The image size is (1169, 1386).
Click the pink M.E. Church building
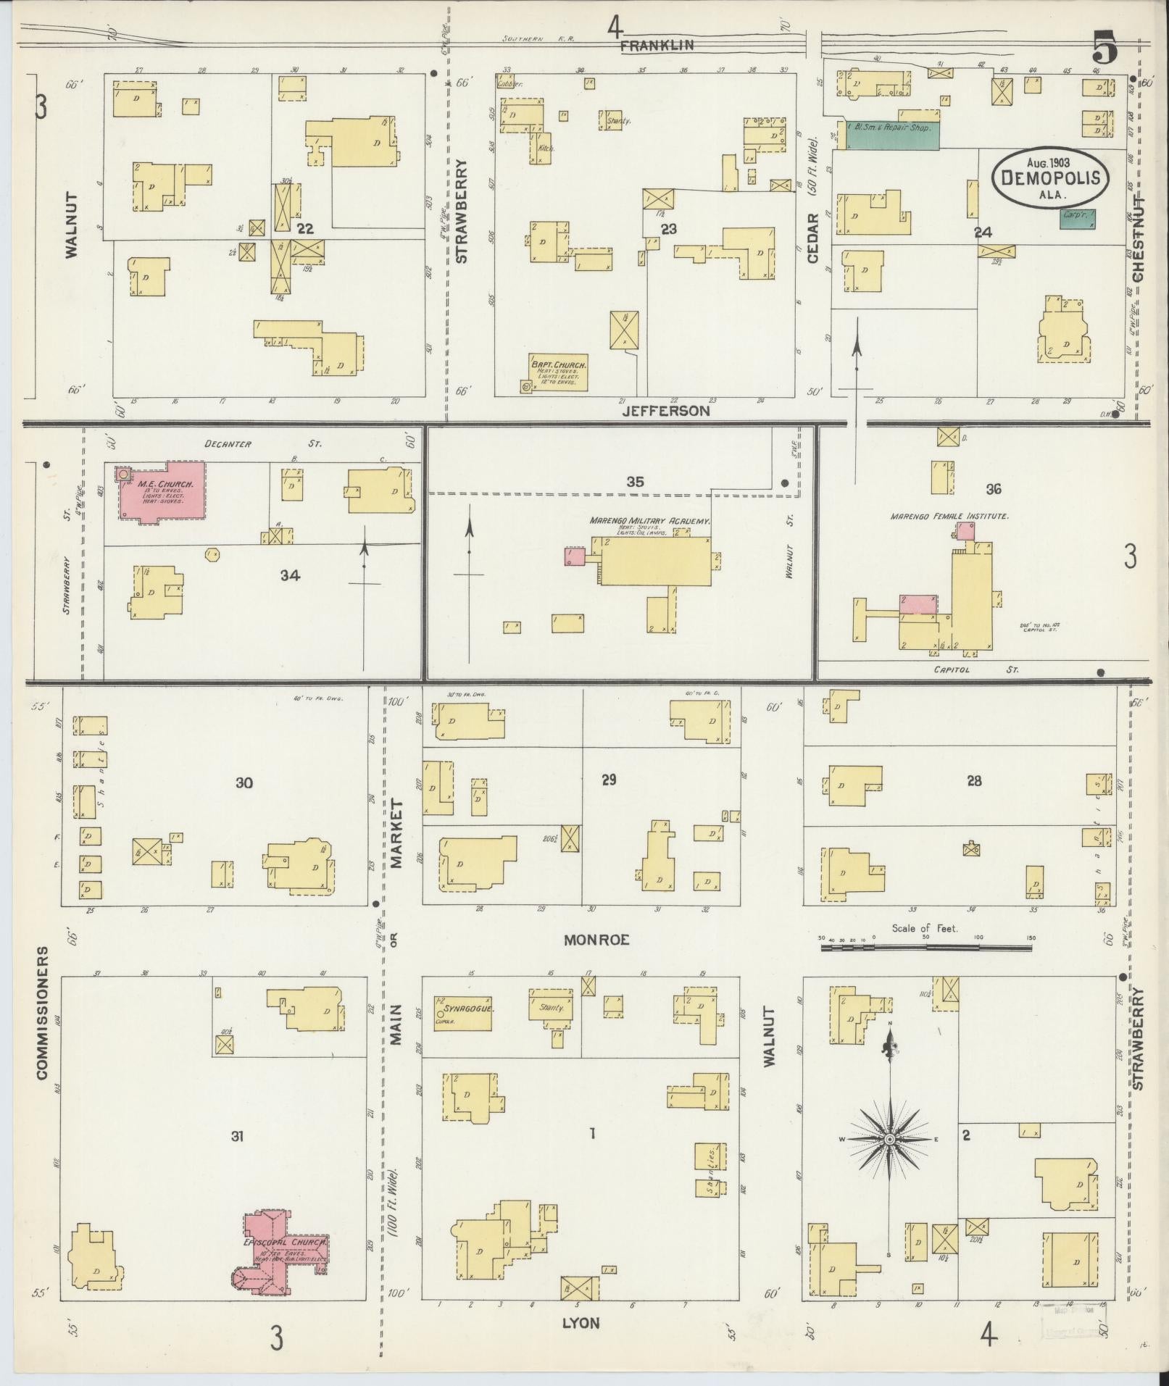click(x=163, y=490)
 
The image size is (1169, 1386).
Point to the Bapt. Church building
click(x=558, y=372)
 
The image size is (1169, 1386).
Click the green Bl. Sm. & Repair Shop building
click(x=891, y=135)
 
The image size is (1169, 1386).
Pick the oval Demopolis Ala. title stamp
click(x=1050, y=177)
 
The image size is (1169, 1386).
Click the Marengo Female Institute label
click(x=949, y=516)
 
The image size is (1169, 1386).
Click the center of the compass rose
click(x=889, y=1140)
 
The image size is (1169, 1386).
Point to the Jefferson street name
click(x=666, y=411)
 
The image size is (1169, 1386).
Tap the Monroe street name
click(x=596, y=940)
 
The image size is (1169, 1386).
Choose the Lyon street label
click(x=581, y=1324)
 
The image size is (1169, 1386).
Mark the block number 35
click(x=635, y=482)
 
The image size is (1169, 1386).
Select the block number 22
click(x=305, y=229)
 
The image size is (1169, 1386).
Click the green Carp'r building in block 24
click(x=1077, y=219)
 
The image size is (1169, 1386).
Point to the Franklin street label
click(x=657, y=45)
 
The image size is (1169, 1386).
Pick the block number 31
click(x=237, y=1137)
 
